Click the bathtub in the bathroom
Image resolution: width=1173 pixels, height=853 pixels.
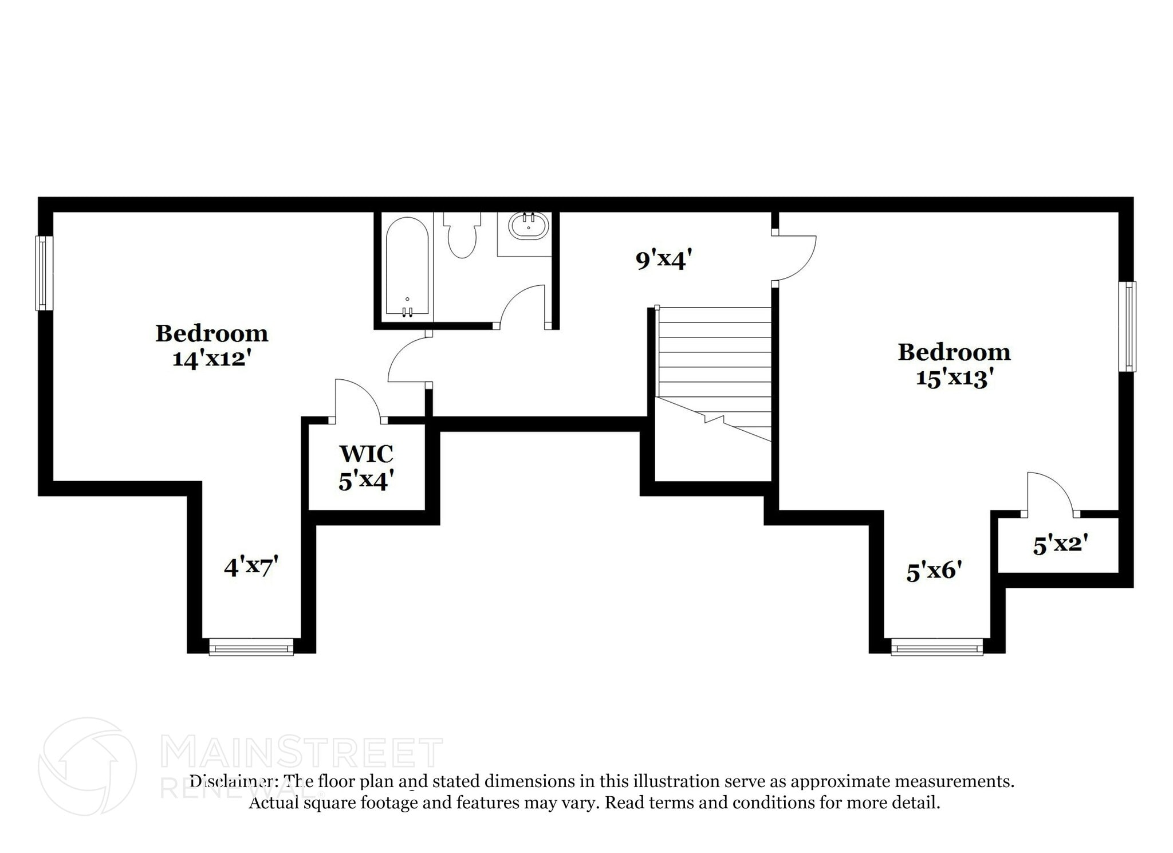pyautogui.click(x=407, y=266)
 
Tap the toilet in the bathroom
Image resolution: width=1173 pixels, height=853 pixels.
pyautogui.click(x=462, y=235)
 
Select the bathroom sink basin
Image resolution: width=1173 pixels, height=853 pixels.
pyautogui.click(x=529, y=226)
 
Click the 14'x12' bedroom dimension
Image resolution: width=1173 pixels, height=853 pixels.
pyautogui.click(x=212, y=359)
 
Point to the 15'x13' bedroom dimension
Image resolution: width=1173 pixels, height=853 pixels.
pyautogui.click(x=954, y=378)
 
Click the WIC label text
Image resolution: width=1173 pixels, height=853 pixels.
pyautogui.click(x=366, y=454)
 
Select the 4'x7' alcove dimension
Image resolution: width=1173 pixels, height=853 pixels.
pyautogui.click(x=251, y=567)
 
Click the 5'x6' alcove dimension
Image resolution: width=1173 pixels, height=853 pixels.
pyautogui.click(x=934, y=571)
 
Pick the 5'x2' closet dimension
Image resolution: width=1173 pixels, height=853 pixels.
pyautogui.click(x=1060, y=544)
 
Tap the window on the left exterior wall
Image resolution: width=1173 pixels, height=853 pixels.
pyautogui.click(x=44, y=273)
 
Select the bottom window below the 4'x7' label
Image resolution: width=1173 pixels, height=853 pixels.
pyautogui.click(x=251, y=647)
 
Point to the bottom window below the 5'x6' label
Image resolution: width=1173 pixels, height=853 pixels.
pyautogui.click(x=937, y=647)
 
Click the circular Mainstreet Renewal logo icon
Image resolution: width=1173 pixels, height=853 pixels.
pyautogui.click(x=87, y=766)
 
